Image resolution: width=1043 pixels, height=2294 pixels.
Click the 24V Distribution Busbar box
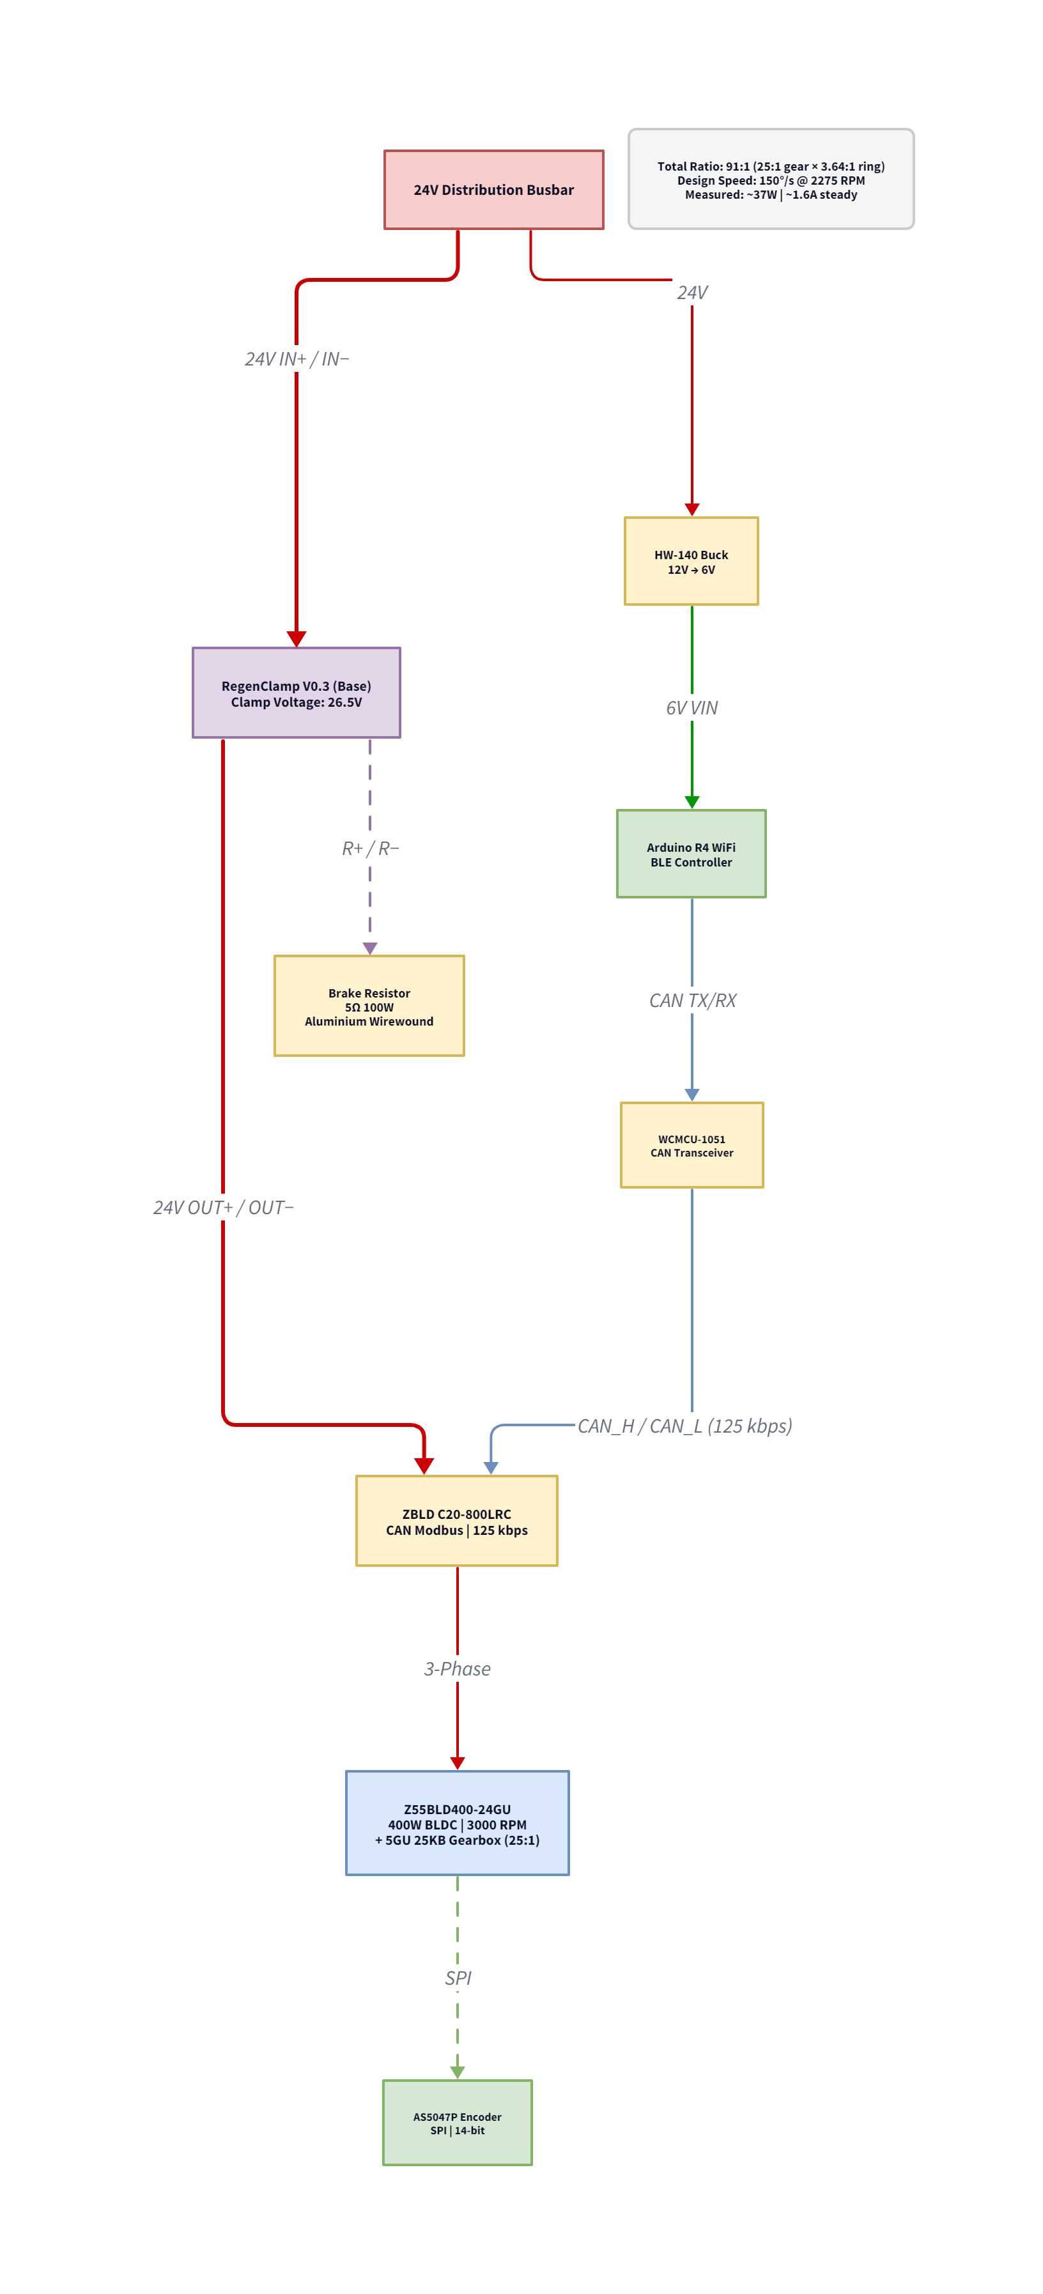click(493, 190)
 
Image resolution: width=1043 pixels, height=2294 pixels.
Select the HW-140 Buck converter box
click(691, 561)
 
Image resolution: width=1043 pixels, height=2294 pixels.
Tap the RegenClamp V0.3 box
click(296, 693)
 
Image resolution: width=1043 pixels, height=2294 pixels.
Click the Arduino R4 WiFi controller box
click(691, 853)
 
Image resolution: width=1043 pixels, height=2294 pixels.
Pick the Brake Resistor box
click(369, 1006)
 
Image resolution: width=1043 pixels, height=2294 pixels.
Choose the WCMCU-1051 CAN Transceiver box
click(691, 1145)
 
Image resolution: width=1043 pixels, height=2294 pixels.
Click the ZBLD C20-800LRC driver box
click(456, 1521)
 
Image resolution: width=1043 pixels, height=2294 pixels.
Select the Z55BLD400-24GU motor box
click(457, 1823)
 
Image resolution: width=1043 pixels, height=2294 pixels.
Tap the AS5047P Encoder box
click(457, 2123)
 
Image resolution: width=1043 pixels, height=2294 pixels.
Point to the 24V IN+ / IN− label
click(297, 359)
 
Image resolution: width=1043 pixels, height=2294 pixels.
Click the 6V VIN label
click(691, 708)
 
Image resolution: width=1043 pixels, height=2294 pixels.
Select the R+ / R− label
click(369, 849)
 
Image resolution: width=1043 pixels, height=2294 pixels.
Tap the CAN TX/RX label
click(692, 1000)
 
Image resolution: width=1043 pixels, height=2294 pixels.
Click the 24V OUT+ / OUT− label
click(222, 1208)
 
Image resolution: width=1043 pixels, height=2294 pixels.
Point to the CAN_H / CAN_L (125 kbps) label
click(684, 1426)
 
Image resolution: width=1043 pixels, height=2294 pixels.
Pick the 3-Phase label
click(457, 1669)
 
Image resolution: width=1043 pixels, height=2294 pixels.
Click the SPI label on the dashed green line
click(458, 1978)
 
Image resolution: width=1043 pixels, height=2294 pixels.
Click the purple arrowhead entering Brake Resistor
click(369, 948)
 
